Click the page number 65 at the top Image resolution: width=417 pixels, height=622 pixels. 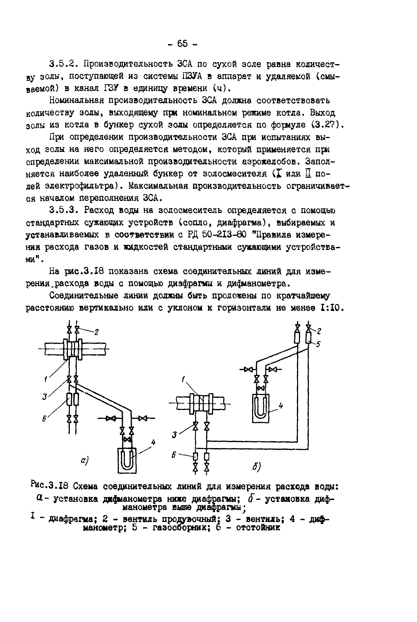[182, 44]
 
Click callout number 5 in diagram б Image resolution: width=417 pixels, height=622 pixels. [318, 344]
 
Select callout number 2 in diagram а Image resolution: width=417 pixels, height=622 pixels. [97, 332]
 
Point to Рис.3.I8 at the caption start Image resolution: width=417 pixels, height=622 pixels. [50, 486]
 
